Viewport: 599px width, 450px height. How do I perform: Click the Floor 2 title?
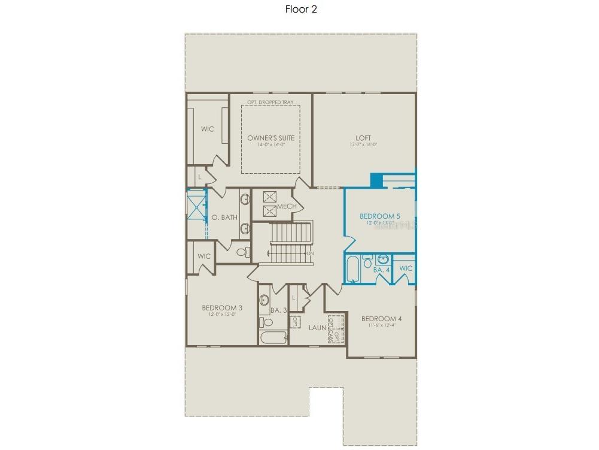click(x=301, y=10)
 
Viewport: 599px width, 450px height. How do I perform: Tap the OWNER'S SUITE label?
click(x=271, y=138)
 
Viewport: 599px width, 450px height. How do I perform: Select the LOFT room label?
click(x=364, y=138)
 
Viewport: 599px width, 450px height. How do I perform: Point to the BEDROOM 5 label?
click(x=380, y=216)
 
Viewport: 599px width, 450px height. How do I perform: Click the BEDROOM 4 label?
click(x=381, y=318)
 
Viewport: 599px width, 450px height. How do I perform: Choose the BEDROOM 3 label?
click(x=221, y=307)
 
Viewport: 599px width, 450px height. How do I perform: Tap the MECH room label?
click(x=287, y=207)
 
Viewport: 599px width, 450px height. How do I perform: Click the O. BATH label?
click(x=225, y=218)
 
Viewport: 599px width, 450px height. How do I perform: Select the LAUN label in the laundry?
click(x=317, y=328)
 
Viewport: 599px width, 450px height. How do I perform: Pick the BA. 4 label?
click(x=381, y=270)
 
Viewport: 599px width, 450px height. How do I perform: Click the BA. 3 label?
click(x=279, y=310)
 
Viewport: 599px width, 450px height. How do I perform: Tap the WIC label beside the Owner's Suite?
click(x=208, y=129)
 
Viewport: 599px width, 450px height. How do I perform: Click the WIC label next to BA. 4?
click(x=406, y=268)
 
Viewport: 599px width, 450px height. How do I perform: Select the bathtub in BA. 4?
click(x=352, y=268)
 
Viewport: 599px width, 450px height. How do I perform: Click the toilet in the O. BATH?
click(x=242, y=252)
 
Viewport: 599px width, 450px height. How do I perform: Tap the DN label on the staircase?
click(x=309, y=253)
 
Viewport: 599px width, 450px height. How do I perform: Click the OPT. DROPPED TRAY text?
click(x=270, y=102)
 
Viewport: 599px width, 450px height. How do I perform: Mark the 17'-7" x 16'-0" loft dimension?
click(x=364, y=145)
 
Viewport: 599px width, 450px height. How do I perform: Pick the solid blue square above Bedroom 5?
click(x=376, y=180)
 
